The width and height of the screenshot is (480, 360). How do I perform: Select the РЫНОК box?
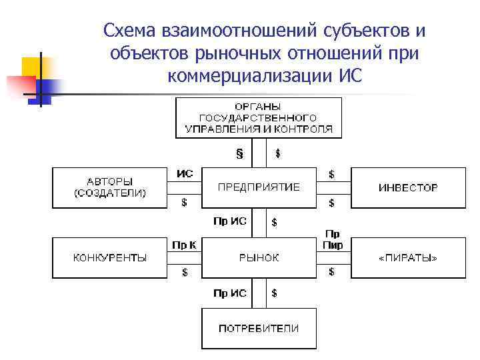coord(259,257)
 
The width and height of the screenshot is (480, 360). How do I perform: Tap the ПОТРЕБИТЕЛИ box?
coord(259,328)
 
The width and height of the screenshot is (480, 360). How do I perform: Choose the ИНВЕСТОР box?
coord(408,187)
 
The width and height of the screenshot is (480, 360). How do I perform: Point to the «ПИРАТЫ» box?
coord(408,257)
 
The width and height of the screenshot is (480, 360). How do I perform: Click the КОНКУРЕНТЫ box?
coord(109,257)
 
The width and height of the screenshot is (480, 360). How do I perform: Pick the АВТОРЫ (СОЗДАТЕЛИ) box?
coord(109,187)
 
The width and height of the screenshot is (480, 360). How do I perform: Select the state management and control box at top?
coord(259,117)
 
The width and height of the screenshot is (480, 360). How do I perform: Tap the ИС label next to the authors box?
coord(185,173)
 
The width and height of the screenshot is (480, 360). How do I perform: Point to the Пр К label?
coord(184,245)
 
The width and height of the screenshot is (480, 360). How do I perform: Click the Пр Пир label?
coord(333,239)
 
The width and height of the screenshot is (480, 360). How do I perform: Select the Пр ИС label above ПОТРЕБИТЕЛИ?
coord(230,293)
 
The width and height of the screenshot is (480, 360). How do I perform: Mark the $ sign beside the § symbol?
coord(277,153)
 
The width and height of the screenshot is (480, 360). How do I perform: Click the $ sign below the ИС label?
coord(185,202)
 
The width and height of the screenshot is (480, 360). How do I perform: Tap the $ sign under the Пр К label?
coord(185,272)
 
